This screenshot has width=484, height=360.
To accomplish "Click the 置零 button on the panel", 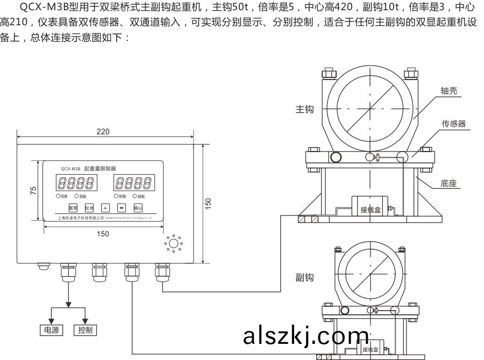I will point(73,207).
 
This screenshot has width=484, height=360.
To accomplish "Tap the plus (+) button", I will point(105,207).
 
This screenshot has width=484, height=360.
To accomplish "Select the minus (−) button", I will point(122,207).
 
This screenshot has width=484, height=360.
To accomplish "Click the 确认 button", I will point(138,207).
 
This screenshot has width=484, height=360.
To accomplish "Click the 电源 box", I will point(52,330).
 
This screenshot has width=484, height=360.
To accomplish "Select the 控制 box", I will point(85,330).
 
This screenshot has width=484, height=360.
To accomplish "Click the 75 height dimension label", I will point(33,190).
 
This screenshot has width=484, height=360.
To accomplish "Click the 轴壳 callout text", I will point(449,91).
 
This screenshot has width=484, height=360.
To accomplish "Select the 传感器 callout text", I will point(453,124).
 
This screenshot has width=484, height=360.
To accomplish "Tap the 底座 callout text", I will point(448,183).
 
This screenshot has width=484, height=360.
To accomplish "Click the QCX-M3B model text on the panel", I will point(70,168).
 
